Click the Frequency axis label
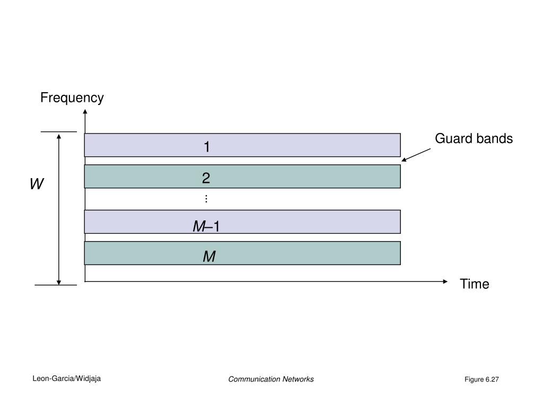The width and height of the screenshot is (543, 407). click(72, 98)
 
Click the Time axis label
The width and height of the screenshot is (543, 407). click(475, 284)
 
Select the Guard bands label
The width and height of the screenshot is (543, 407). click(474, 139)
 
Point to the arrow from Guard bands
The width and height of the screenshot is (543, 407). click(416, 154)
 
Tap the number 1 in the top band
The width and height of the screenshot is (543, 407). click(207, 147)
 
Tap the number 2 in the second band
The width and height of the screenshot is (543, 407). click(206, 179)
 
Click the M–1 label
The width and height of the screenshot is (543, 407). click(206, 227)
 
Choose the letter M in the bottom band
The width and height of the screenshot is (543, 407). click(209, 257)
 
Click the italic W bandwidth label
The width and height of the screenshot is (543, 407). click(37, 184)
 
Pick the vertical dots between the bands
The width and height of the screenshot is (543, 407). click(206, 199)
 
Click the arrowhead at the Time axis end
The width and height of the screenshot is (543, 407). click(445, 281)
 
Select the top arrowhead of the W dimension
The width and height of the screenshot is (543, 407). click(59, 136)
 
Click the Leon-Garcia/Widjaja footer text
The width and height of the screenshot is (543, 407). click(67, 378)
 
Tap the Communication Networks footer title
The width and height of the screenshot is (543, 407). click(271, 379)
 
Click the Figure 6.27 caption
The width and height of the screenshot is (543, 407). click(482, 379)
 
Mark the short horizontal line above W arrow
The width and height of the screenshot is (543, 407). click(59, 131)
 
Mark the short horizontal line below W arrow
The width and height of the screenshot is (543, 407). click(56, 285)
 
